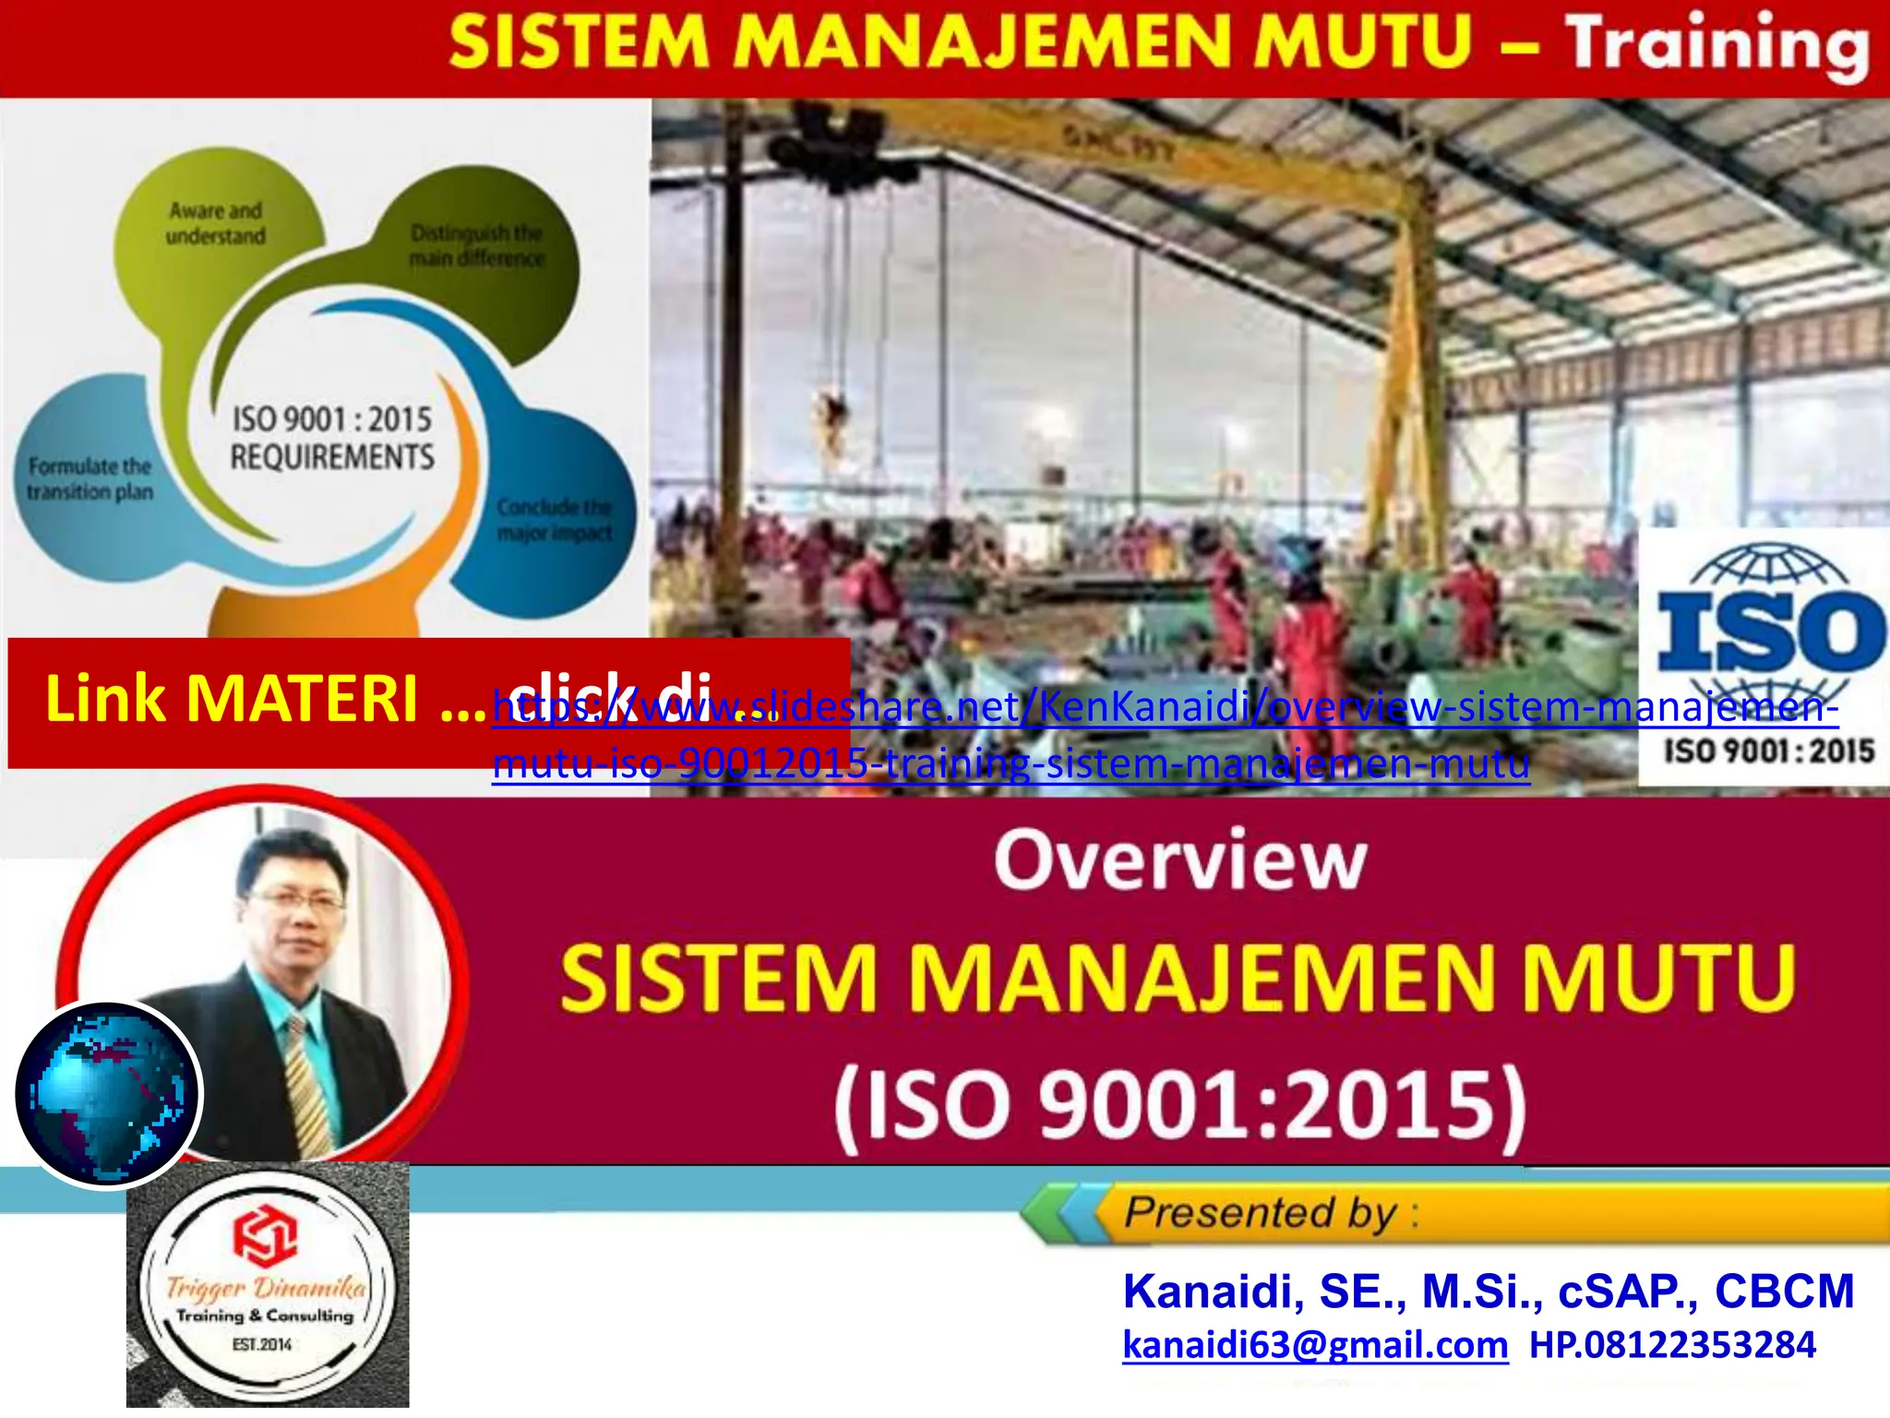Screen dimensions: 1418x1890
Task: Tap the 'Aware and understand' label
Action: click(x=215, y=223)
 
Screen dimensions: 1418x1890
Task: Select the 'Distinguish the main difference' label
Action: click(x=476, y=246)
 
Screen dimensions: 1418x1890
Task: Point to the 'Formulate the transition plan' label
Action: click(x=90, y=479)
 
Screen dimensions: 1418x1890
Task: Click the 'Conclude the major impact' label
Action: click(x=554, y=520)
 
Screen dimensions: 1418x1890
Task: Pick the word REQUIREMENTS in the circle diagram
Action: click(x=332, y=457)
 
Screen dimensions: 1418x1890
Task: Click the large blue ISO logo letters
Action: click(x=1769, y=631)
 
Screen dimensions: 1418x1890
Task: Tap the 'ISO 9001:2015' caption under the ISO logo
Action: click(x=1769, y=751)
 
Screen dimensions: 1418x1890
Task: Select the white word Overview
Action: click(x=1180, y=860)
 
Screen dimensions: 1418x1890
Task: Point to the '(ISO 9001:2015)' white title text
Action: click(x=1180, y=1105)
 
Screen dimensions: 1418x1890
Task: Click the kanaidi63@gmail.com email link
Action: click(x=1315, y=1345)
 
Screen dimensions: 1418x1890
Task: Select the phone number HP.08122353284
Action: click(x=1672, y=1345)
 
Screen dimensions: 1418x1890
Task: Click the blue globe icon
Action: click(x=107, y=1094)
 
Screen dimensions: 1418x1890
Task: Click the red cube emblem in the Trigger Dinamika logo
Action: click(x=265, y=1235)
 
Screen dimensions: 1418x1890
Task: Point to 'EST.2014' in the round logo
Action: click(x=262, y=1344)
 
